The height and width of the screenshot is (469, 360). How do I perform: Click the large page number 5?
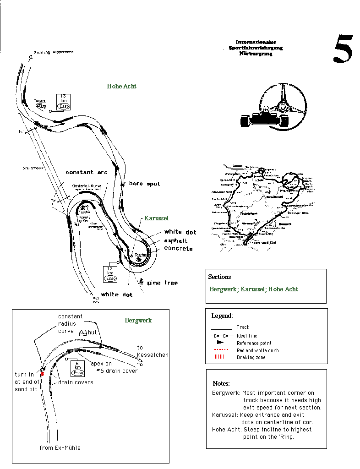342,49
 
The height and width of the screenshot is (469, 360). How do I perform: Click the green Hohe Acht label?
121,86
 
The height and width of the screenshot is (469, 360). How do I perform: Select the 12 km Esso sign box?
110,273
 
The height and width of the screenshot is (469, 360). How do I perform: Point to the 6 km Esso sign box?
77,369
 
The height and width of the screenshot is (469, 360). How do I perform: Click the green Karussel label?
157,218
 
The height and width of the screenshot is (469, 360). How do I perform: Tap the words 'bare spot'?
144,184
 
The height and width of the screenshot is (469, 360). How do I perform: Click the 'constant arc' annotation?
87,172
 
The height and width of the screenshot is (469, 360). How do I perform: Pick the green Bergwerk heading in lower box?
138,320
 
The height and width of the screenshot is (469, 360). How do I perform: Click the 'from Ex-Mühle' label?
60,447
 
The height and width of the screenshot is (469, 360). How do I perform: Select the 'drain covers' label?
75,382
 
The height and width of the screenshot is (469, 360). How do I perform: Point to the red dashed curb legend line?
221,350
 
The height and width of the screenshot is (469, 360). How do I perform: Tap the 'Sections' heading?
219,277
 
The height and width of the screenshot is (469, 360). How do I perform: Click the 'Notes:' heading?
221,383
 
